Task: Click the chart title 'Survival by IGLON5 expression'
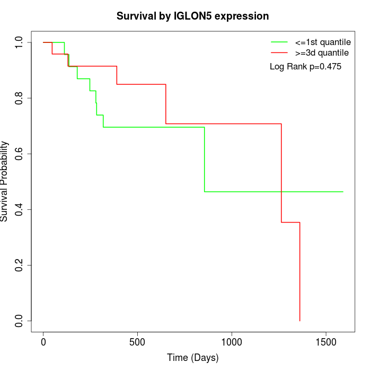pos(192,16)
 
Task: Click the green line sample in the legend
pos(279,42)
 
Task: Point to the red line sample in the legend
pos(279,52)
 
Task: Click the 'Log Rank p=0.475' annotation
pos(305,67)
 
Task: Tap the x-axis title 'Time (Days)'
pos(192,358)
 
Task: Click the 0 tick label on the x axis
pos(43,342)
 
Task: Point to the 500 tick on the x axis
pos(137,342)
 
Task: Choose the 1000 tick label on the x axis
pos(232,342)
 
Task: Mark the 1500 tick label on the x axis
pos(325,342)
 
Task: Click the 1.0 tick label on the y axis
pos(20,42)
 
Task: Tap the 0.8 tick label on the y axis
pos(20,98)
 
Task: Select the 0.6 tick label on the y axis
pos(20,154)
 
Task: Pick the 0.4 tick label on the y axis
pos(20,209)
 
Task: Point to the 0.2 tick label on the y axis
pos(20,265)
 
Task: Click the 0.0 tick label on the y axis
pos(20,321)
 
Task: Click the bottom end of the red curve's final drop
pos(300,320)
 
